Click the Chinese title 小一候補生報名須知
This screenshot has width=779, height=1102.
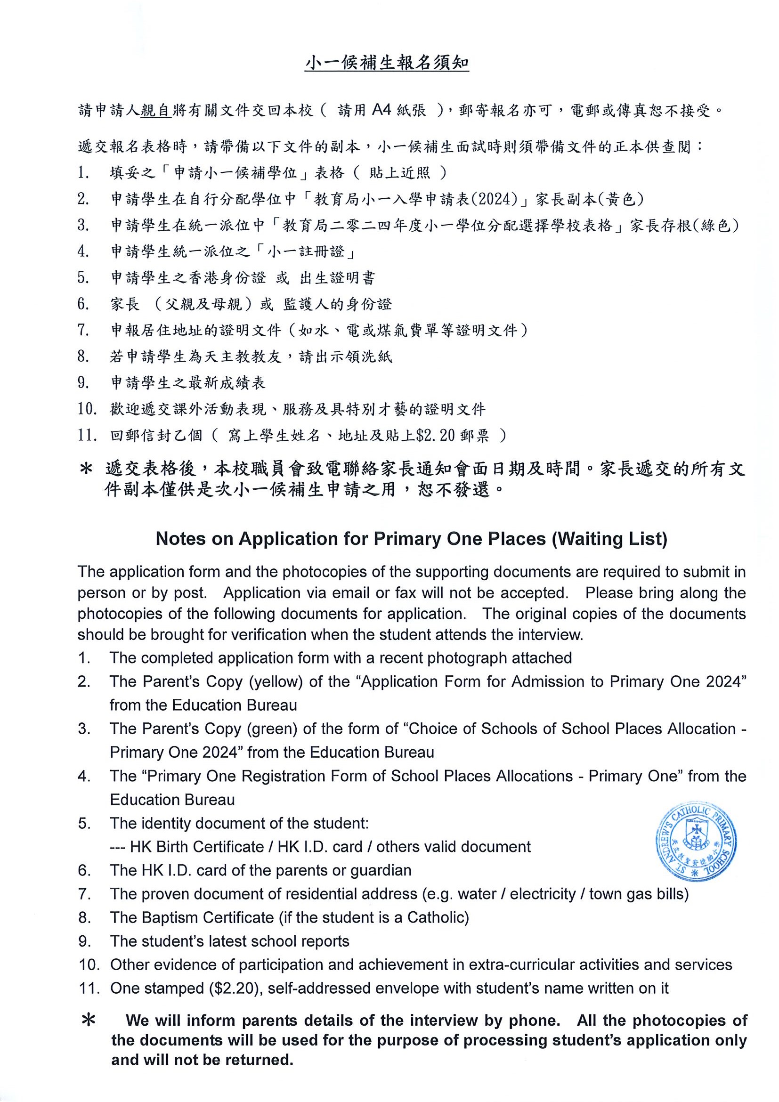point(386,64)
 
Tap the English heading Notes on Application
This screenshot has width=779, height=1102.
point(411,539)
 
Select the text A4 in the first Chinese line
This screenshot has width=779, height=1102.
point(382,110)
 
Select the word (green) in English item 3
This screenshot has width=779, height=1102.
point(272,729)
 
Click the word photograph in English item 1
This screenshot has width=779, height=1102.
point(461,657)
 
